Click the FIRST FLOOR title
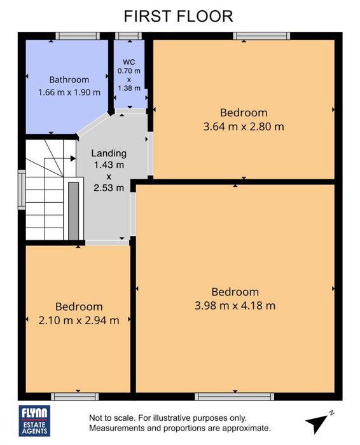(178, 16)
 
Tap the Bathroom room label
(69, 79)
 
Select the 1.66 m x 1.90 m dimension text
(69, 92)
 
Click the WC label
(129, 62)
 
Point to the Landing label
(109, 153)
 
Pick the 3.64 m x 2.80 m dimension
(244, 127)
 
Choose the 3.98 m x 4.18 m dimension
(235, 306)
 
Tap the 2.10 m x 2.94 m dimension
(79, 320)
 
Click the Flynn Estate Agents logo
(34, 421)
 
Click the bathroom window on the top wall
(78, 36)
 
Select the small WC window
(128, 36)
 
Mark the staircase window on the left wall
(22, 189)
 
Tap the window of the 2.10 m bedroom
(75, 397)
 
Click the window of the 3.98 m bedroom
(235, 397)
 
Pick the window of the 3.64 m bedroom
(261, 36)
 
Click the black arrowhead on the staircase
(73, 158)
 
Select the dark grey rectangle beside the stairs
(74, 211)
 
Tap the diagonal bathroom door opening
(93, 124)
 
